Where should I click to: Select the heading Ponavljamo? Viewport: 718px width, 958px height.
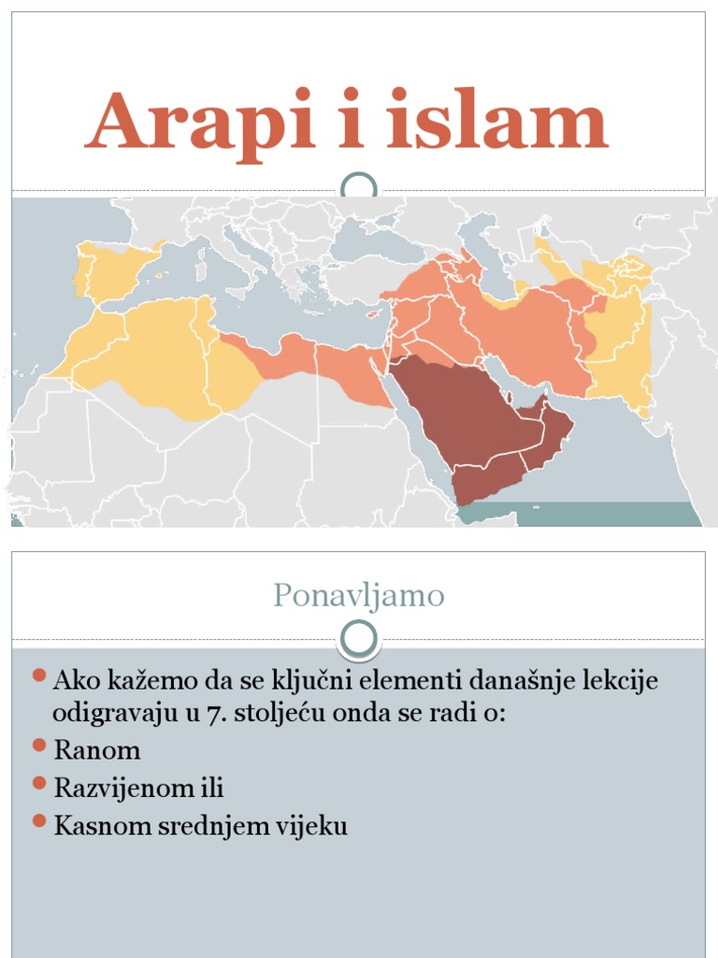click(359, 595)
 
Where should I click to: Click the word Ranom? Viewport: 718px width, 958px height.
click(97, 749)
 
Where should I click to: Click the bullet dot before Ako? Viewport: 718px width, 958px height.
click(38, 675)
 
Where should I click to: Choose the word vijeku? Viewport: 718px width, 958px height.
click(315, 826)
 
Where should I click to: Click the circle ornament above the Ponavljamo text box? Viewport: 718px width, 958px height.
click(359, 639)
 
